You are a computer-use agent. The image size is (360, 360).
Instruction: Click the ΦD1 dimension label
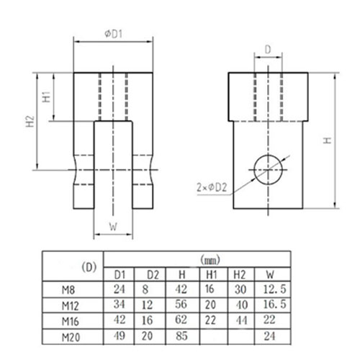[x=114, y=34]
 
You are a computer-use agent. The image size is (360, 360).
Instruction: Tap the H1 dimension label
[x=47, y=96]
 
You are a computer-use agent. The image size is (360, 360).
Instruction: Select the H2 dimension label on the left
[x=30, y=122]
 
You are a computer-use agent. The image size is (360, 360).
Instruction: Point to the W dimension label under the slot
[x=113, y=227]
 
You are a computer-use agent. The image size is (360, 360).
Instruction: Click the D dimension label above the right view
[x=268, y=50]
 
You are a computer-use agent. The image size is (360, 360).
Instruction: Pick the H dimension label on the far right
[x=328, y=140]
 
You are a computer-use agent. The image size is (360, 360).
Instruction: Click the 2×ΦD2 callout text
[x=212, y=187]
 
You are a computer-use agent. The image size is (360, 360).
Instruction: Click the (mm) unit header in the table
[x=210, y=260]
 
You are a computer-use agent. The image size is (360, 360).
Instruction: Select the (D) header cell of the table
[x=89, y=267]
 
